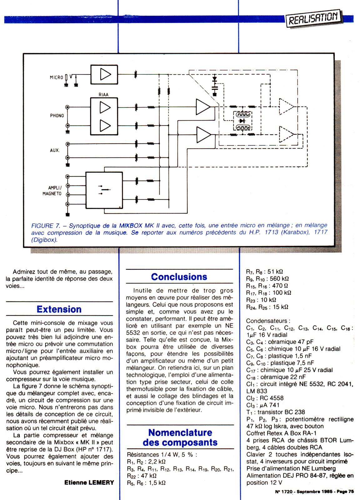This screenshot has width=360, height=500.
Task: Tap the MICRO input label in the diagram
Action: (56, 77)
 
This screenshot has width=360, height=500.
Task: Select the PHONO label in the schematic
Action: (57, 116)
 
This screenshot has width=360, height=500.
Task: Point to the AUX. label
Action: (54, 150)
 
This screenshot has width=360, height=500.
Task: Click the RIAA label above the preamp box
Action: (103, 94)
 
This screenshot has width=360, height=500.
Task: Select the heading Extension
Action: (59, 309)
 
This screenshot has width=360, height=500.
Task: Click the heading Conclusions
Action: (179, 277)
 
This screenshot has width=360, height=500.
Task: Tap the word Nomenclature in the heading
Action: (180, 432)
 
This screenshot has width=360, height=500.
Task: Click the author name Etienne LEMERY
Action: (89, 482)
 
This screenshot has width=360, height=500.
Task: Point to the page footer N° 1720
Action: (284, 492)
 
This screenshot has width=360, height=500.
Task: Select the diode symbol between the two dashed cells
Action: (241, 121)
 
